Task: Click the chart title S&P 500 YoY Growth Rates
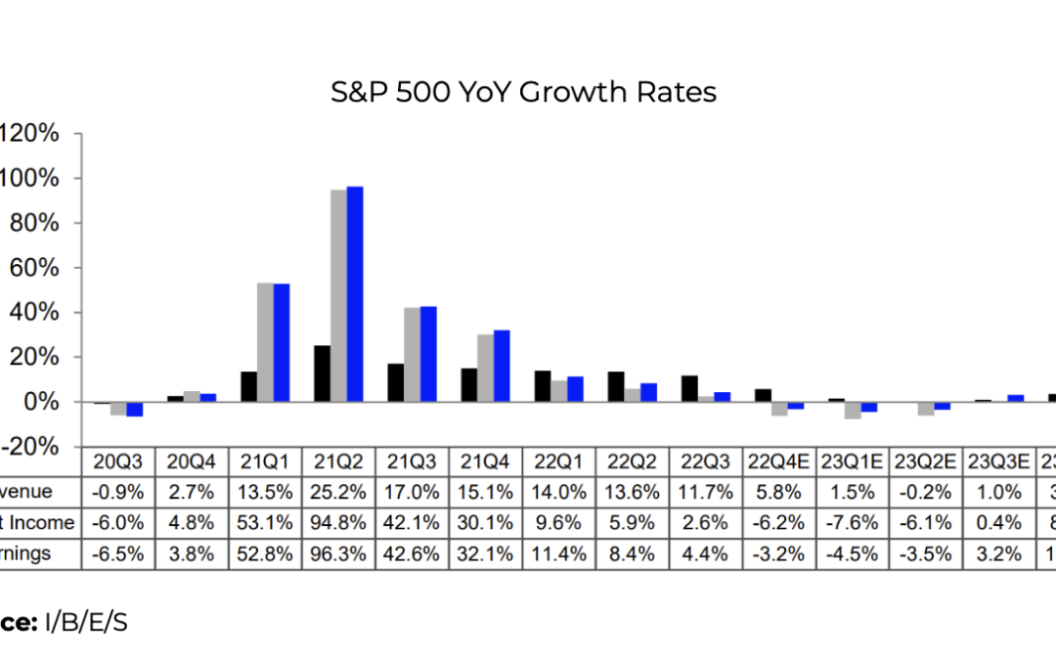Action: click(523, 92)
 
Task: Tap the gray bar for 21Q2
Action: click(338, 295)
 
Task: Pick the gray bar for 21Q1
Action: click(265, 341)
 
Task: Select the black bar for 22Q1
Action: click(543, 386)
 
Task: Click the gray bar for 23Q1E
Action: click(853, 410)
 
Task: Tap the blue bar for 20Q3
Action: click(135, 409)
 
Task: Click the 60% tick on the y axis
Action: click(33, 267)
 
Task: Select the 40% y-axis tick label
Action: click(33, 312)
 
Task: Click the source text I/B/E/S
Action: click(86, 623)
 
